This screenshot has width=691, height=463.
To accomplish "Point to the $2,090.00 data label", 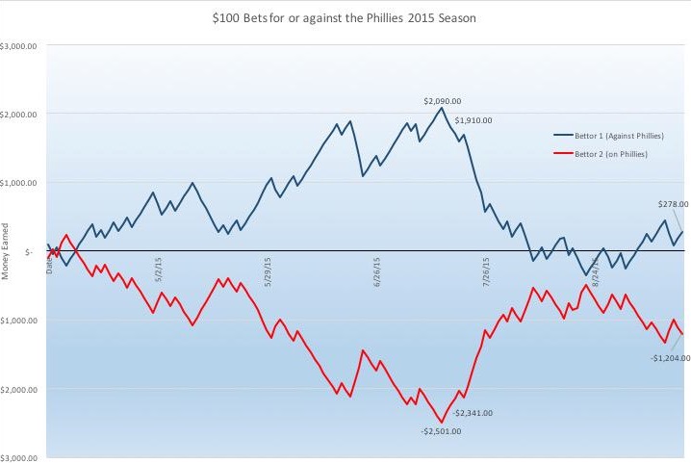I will tap(442, 100).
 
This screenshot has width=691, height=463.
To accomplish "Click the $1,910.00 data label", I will tap(473, 120).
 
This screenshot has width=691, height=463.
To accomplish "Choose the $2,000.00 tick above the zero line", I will tap(19, 115).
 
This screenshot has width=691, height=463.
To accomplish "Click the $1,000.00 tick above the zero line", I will tap(19, 183).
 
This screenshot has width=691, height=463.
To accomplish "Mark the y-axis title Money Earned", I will tap(6, 252).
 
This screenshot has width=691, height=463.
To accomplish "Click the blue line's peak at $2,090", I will tap(442, 107).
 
